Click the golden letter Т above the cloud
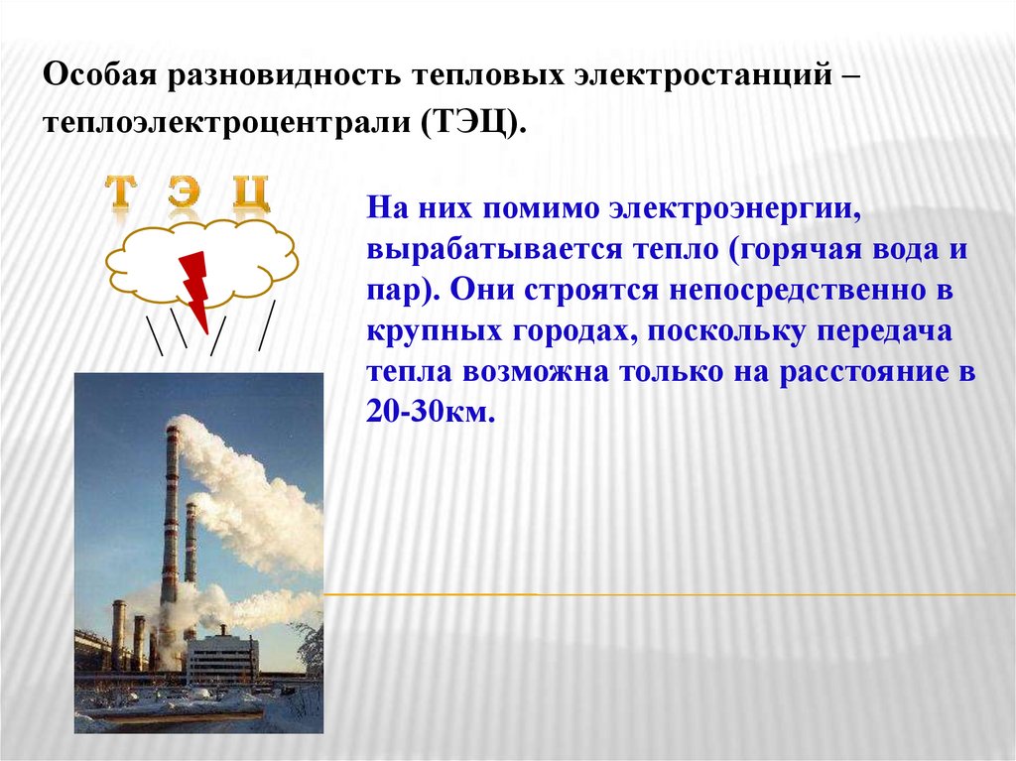tap(120, 194)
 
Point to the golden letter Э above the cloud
tap(183, 194)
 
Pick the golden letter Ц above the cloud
tap(249, 194)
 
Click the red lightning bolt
tap(194, 288)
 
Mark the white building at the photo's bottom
tap(223, 659)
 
